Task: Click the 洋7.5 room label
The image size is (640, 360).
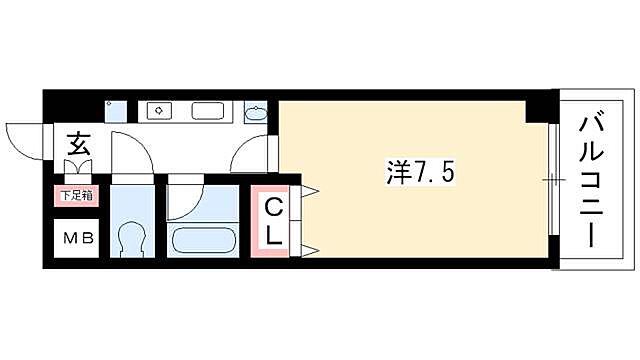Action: click(x=420, y=172)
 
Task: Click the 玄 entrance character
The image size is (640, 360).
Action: click(x=78, y=145)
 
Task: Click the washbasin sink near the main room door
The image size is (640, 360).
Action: click(x=256, y=112)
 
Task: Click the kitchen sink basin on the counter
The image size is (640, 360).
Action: click(x=208, y=110)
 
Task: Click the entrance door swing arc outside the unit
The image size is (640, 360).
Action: click(x=22, y=140)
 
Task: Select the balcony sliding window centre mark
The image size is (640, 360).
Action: click(x=551, y=180)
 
